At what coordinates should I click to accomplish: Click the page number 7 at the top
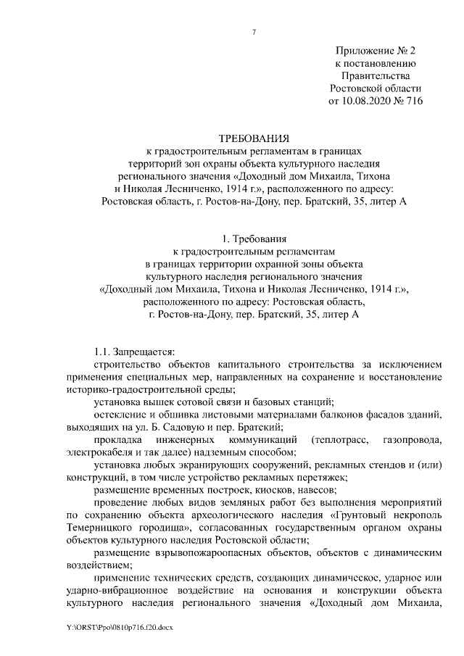[x=254, y=31]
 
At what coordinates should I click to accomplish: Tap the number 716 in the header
[x=411, y=101]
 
